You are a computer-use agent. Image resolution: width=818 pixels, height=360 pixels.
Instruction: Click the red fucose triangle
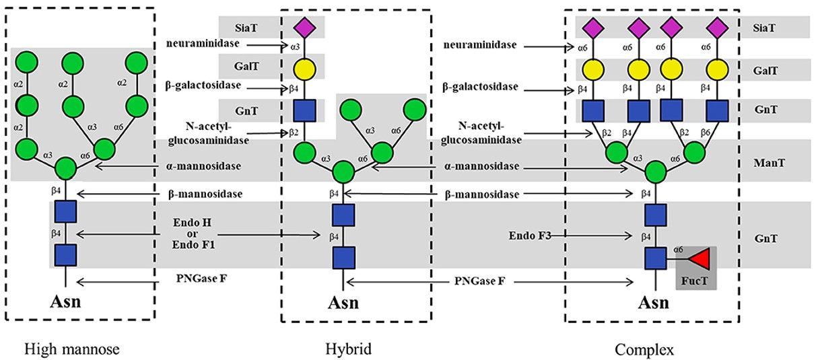700,258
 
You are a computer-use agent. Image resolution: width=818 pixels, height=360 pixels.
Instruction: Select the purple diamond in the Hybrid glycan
304,28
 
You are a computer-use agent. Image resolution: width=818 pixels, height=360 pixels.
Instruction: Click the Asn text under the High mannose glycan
65,300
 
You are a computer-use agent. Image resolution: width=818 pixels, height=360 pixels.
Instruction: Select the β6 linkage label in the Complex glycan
705,133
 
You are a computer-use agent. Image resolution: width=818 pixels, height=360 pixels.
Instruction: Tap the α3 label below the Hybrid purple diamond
294,48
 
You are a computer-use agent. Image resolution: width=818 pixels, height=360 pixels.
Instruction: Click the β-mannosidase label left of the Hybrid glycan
205,194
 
